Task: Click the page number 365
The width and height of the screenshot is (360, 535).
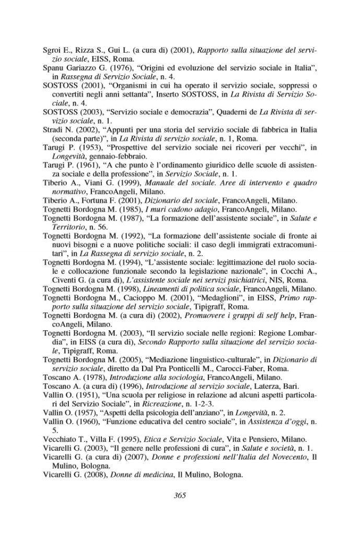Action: (180, 496)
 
